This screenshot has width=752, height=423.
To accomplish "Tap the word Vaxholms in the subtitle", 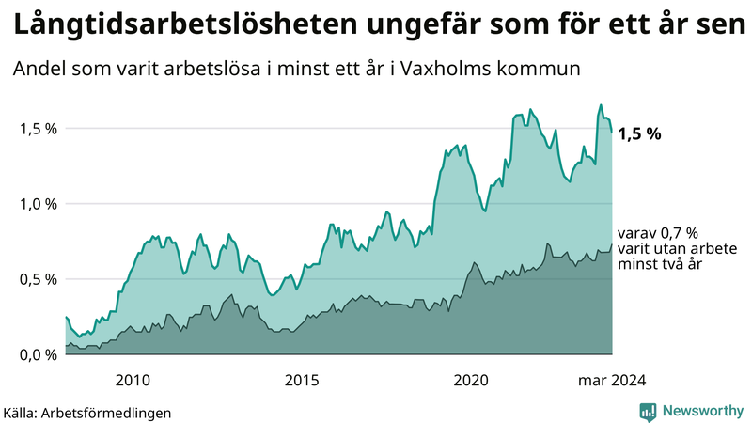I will (464, 70).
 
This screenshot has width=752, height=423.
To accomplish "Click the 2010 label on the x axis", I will (133, 380).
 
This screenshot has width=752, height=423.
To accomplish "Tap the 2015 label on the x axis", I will (302, 380).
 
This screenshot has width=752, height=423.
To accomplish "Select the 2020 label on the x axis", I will (471, 380).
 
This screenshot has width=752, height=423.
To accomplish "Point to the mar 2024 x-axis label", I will (612, 380).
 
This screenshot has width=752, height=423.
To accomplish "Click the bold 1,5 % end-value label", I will (640, 133).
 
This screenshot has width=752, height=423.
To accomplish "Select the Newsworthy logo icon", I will (648, 411).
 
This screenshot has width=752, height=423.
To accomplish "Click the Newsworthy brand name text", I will (700, 411).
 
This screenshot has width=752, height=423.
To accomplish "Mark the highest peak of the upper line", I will (601, 105).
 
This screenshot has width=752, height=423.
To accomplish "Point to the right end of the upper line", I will (612, 133).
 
